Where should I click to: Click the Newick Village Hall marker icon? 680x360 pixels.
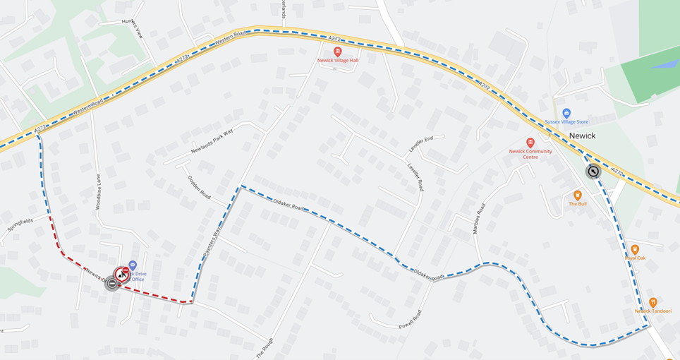point(337,52)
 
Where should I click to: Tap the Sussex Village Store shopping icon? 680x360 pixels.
point(566,113)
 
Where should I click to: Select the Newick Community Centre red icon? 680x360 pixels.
point(530,143)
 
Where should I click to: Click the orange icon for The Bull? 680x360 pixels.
point(578,195)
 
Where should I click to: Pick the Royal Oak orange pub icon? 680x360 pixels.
point(634,249)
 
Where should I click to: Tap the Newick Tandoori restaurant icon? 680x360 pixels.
point(652,302)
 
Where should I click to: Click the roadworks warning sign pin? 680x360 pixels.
point(122,273)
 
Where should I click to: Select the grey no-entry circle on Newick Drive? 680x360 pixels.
point(111,284)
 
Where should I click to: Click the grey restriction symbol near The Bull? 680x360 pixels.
point(593,172)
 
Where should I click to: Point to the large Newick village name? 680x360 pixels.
point(582,136)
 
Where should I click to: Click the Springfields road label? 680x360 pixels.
point(20,226)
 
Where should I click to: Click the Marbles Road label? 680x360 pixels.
point(480,218)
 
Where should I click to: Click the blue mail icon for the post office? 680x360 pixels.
point(133,265)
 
